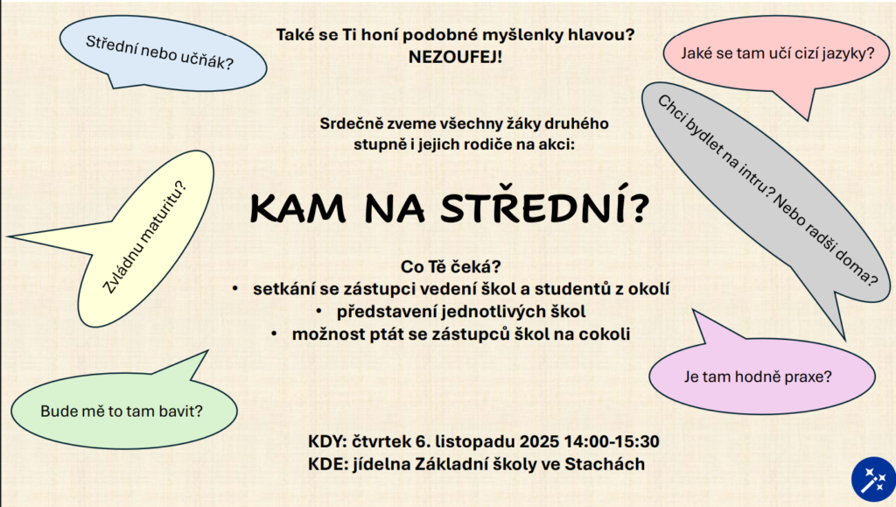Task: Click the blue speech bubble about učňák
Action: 163,53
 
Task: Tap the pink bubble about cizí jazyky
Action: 777,54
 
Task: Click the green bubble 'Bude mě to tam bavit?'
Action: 122,409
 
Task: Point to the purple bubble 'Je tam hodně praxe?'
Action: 760,375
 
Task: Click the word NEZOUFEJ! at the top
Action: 455,57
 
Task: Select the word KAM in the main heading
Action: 297,208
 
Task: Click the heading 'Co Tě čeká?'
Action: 451,267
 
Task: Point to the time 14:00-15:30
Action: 612,442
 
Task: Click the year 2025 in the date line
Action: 539,442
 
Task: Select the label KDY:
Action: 327,442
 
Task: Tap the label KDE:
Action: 328,464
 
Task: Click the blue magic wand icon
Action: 872,480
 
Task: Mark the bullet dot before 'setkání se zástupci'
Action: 235,289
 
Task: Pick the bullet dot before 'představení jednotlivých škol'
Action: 318,312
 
